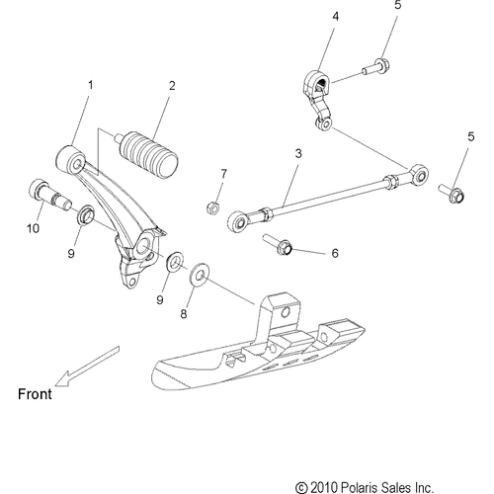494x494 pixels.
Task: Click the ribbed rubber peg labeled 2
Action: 149,154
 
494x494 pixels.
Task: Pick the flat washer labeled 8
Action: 200,275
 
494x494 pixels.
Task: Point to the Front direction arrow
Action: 87,366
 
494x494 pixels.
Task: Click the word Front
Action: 35,394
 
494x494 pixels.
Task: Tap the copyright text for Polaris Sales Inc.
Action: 364,487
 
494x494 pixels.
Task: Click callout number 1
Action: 90,85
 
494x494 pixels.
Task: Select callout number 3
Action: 298,153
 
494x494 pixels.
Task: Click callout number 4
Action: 335,16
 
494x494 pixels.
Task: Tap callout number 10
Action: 33,228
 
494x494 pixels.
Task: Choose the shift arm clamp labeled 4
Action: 317,99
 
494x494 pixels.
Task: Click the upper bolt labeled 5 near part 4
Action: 376,66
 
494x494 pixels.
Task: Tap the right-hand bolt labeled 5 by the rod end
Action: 452,193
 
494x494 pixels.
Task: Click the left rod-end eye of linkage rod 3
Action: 237,221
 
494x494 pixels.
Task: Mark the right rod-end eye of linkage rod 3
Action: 419,174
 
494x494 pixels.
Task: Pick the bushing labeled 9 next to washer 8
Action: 175,261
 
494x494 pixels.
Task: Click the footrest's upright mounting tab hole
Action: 286,311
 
